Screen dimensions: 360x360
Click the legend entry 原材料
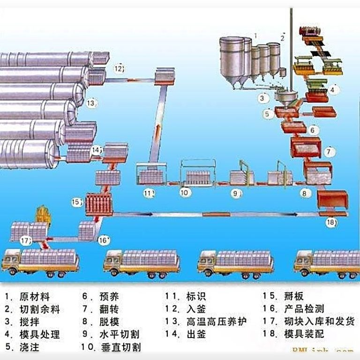click(x=34, y=297)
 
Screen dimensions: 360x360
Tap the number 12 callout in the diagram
click(x=119, y=69)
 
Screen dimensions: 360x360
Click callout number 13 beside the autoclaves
click(x=91, y=102)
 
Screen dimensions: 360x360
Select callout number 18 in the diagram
click(x=331, y=223)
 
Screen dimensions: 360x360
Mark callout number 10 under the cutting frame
click(x=185, y=192)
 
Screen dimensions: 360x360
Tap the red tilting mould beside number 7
click(x=306, y=147)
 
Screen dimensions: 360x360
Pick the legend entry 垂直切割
click(x=121, y=347)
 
